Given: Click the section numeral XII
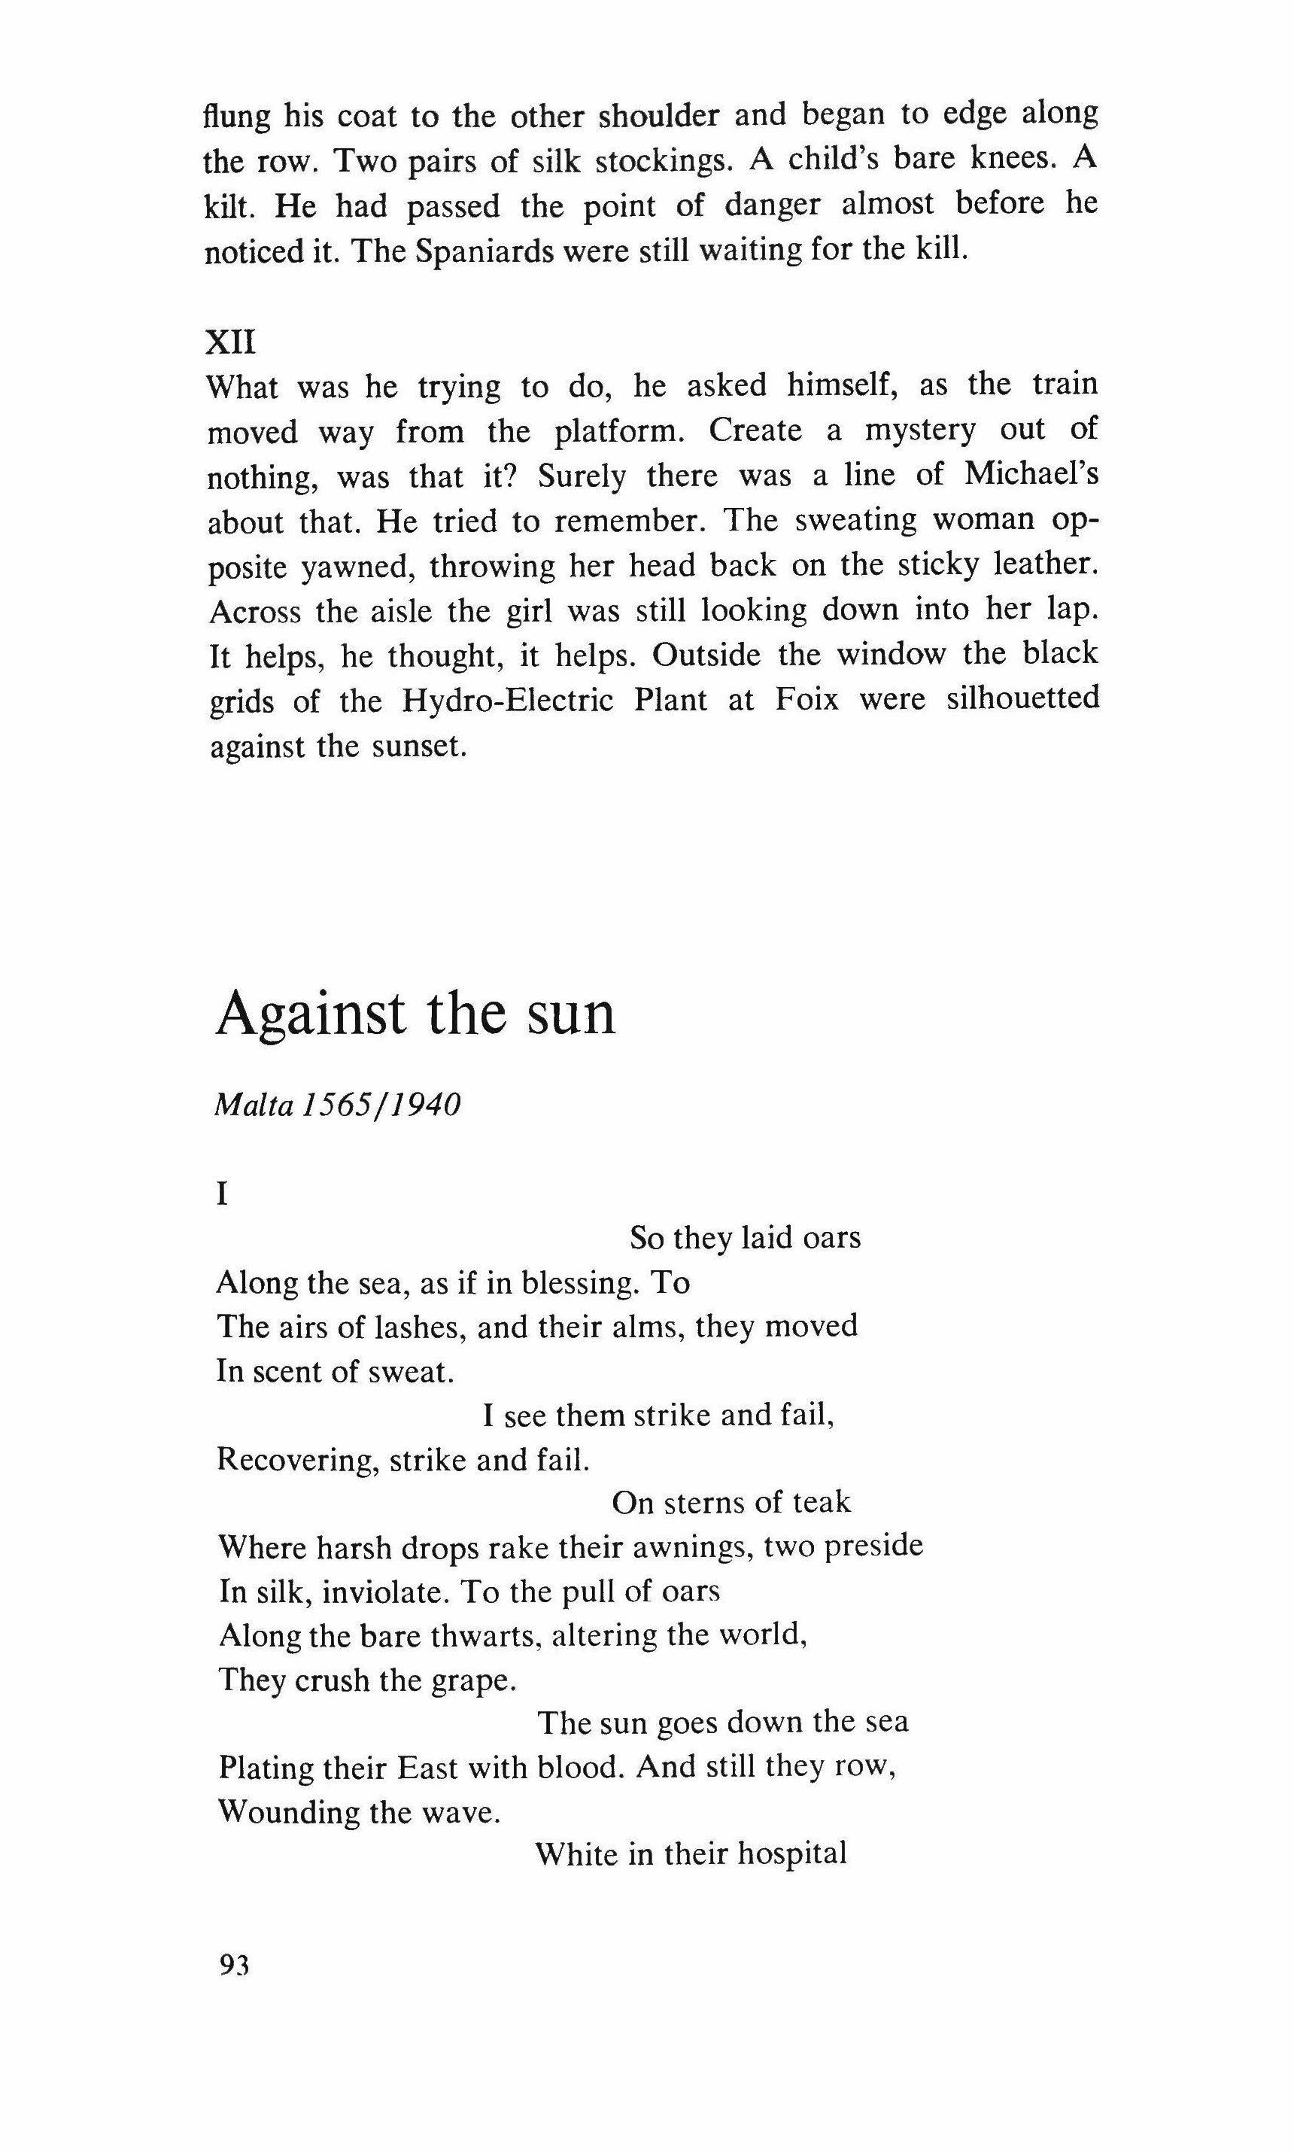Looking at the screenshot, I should point(230,342).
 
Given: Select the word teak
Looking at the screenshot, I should point(822,1501).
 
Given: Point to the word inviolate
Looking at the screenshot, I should point(385,1592).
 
